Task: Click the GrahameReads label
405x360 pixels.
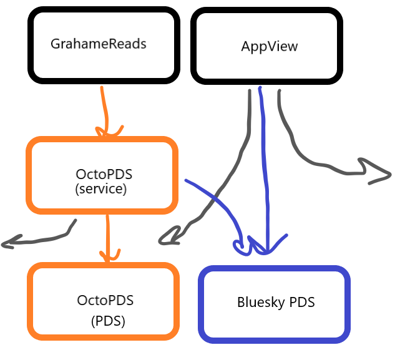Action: coord(99,44)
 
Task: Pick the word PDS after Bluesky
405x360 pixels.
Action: coord(302,303)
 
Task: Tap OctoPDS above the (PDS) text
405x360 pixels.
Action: coord(105,300)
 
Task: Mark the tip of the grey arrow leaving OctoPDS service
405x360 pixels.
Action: coord(6,243)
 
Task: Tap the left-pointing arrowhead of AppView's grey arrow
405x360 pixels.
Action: coord(165,238)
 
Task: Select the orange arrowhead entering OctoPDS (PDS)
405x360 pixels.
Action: coord(110,255)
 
